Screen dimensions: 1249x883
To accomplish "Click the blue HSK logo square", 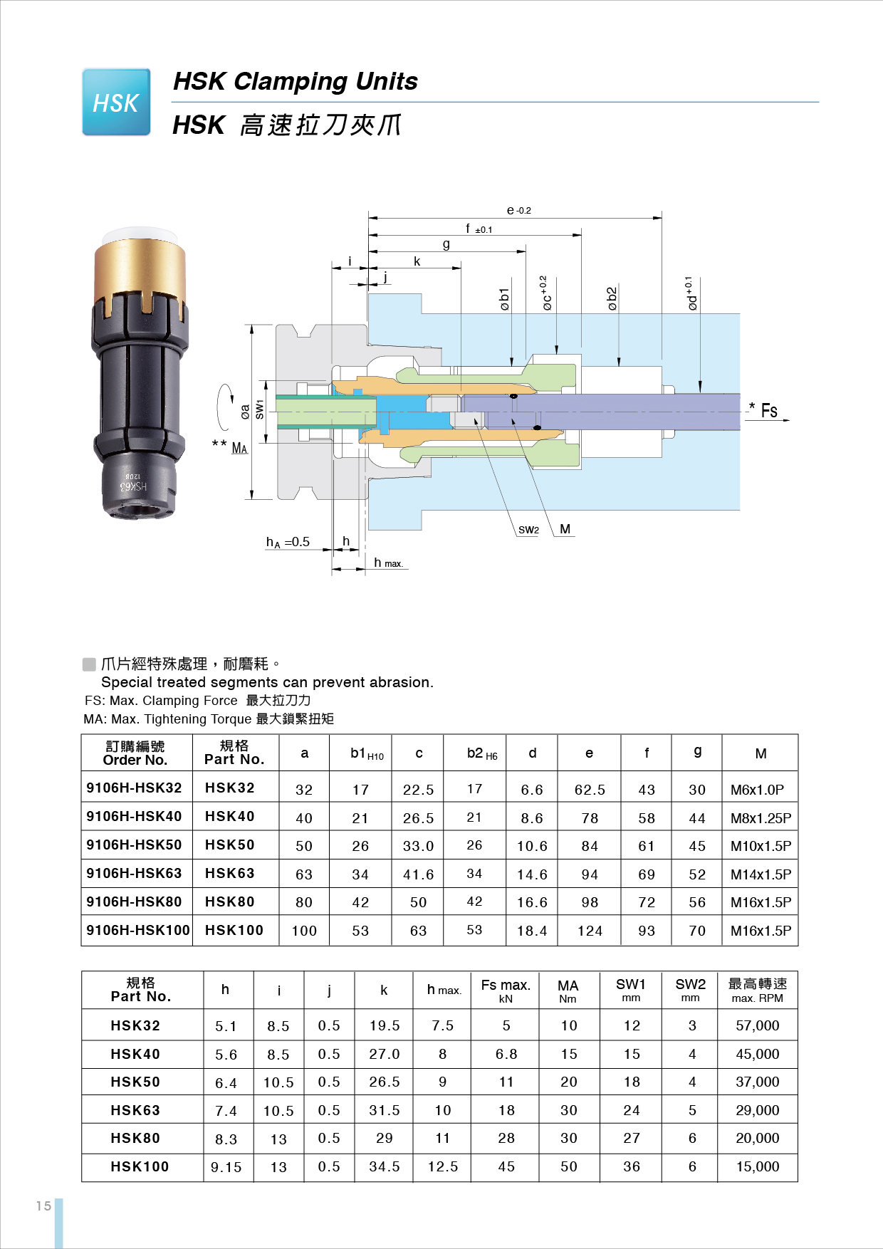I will (x=116, y=102).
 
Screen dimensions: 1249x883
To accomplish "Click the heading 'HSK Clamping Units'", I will (x=296, y=81).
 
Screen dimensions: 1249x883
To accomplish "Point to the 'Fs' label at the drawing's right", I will (x=769, y=411).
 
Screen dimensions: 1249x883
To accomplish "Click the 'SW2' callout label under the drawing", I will (x=528, y=530).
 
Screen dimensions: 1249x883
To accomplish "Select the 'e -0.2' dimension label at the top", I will (x=518, y=210).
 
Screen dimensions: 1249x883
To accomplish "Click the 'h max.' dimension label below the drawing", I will (x=388, y=563).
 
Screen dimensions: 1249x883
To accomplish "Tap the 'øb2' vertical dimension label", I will (x=611, y=298).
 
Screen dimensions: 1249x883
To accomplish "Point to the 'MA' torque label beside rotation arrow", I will (x=239, y=448).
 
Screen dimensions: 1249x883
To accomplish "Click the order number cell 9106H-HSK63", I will (x=135, y=873).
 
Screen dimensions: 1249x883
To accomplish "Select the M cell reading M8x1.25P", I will (x=761, y=818).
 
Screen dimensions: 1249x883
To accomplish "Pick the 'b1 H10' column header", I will (x=367, y=753).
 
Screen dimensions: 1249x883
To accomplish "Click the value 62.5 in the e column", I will (x=590, y=790).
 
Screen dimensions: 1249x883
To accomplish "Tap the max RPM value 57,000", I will (x=757, y=1025).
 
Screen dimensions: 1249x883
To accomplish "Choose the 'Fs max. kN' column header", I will (x=506, y=990).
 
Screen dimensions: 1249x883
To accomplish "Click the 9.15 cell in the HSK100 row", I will (x=226, y=1167).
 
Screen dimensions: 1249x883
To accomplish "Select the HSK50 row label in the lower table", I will (x=135, y=1082).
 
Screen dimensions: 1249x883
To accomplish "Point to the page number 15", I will (x=43, y=1206).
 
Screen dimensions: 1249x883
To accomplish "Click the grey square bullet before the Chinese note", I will (x=89, y=664).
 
